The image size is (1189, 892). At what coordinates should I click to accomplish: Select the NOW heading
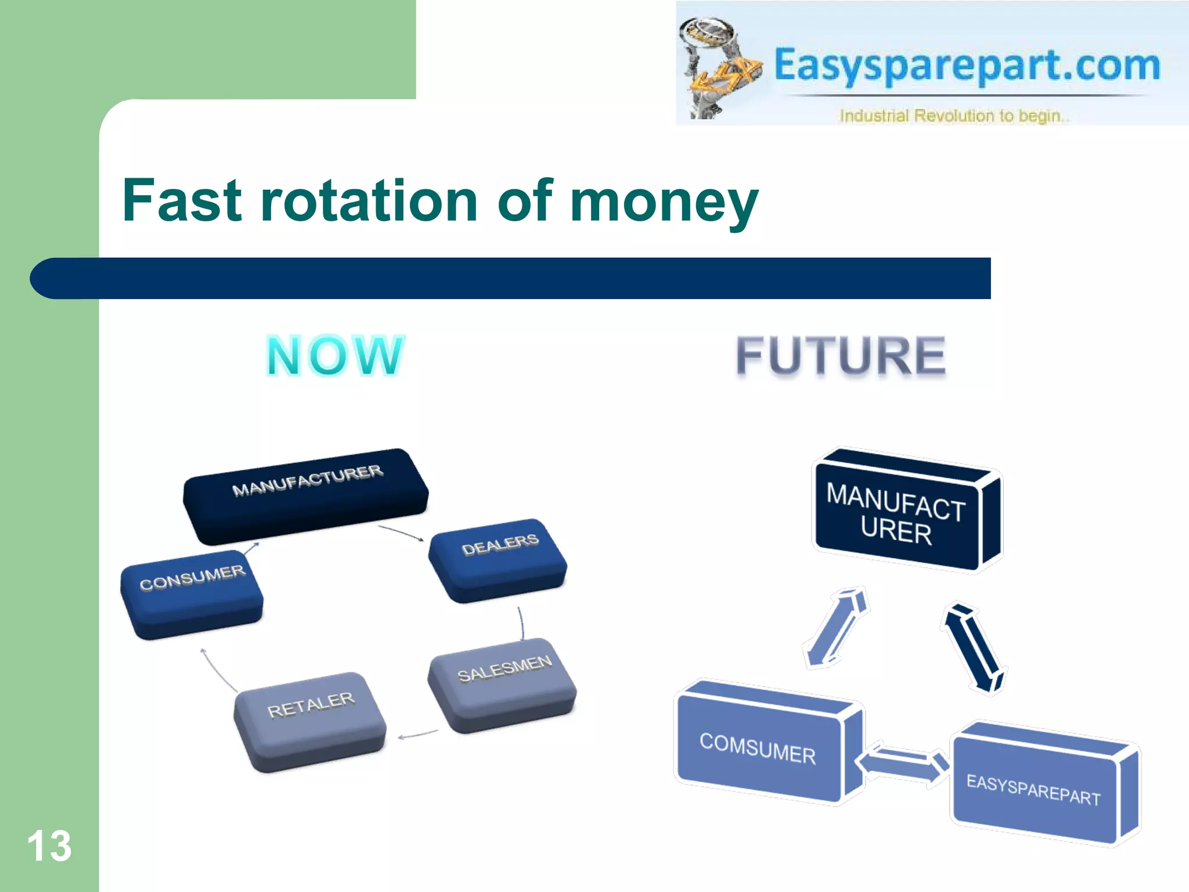pos(335,355)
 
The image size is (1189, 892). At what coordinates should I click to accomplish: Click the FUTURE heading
pos(841,355)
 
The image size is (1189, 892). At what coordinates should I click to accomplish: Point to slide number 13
pos(49,846)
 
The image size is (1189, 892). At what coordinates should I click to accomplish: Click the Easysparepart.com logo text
pos(967,65)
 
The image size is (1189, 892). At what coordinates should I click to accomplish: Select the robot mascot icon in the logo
pos(717,67)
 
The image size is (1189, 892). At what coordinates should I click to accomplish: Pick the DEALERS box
pos(498,559)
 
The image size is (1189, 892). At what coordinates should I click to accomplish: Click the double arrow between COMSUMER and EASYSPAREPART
pos(903,762)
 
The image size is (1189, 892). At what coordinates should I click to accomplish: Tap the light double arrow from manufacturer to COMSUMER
pos(836,627)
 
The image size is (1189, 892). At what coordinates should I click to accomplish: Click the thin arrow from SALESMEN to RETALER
pos(418,735)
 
